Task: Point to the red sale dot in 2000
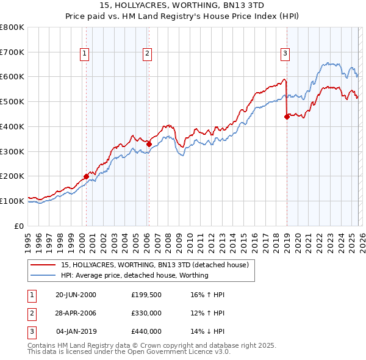click(x=86, y=176)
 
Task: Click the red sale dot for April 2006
click(x=149, y=144)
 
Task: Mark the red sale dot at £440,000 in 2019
click(x=287, y=117)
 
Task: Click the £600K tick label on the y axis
click(x=13, y=77)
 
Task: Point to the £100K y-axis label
click(x=13, y=201)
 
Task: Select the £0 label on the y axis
click(x=20, y=226)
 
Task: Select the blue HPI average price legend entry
click(x=134, y=275)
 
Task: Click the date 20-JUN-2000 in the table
click(x=76, y=295)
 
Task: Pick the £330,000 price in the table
click(x=146, y=313)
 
